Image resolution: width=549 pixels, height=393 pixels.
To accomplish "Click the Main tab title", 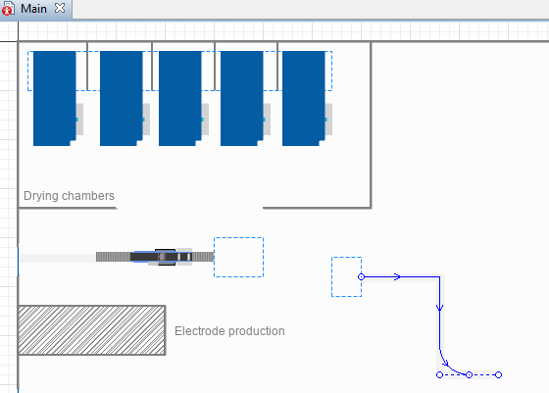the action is point(33,9).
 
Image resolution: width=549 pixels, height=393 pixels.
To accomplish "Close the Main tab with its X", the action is point(60,8).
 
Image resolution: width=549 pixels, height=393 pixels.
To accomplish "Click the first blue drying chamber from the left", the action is point(55,98).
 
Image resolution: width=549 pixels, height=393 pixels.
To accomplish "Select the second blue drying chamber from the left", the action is point(122,98).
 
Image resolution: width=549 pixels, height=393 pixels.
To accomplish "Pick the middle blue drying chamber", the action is point(180,98).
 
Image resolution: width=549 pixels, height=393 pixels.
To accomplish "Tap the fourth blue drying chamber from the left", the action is point(242,98).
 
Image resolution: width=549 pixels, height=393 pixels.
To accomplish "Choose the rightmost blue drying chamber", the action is point(304,98).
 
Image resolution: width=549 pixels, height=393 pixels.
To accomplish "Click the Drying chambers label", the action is point(69,196).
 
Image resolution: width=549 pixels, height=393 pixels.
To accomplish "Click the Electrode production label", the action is point(229,331).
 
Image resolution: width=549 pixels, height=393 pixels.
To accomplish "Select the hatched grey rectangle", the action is point(92,330).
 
